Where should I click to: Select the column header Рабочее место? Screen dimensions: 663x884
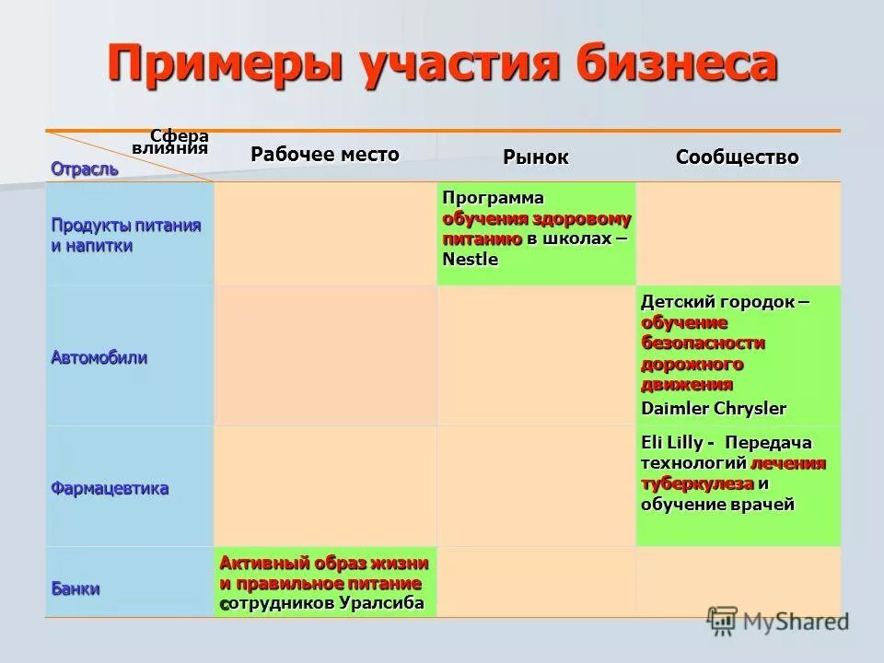[325, 154]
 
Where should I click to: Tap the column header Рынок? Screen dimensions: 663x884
[535, 157]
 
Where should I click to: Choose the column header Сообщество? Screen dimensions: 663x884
[737, 157]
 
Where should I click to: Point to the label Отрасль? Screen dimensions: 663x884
[85, 169]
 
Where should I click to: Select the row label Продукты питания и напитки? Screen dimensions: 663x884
[125, 236]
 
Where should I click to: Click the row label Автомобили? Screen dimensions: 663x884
[99, 357]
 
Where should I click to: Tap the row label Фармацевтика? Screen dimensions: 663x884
[110, 488]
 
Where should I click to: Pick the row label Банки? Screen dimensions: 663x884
[76, 588]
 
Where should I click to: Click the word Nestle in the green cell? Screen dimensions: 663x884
[470, 260]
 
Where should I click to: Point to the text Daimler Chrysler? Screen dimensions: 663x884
[714, 407]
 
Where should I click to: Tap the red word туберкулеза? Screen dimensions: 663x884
[697, 483]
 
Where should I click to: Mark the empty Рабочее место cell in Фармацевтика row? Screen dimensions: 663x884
[325, 486]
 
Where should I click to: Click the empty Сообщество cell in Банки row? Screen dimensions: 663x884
[738, 581]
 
